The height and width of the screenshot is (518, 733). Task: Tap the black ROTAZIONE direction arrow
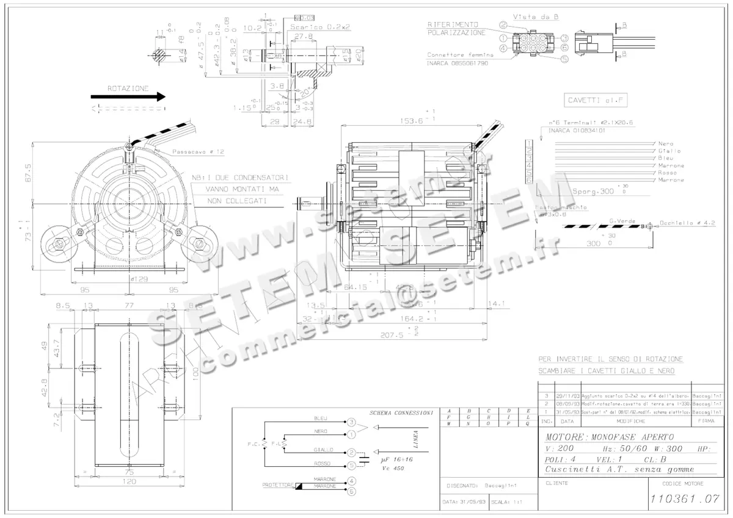coord(128,96)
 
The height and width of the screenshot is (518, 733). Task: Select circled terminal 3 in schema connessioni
coord(351,422)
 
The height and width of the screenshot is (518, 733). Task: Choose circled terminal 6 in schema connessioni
coord(351,491)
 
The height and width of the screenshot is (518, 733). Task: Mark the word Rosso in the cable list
coord(666,173)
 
